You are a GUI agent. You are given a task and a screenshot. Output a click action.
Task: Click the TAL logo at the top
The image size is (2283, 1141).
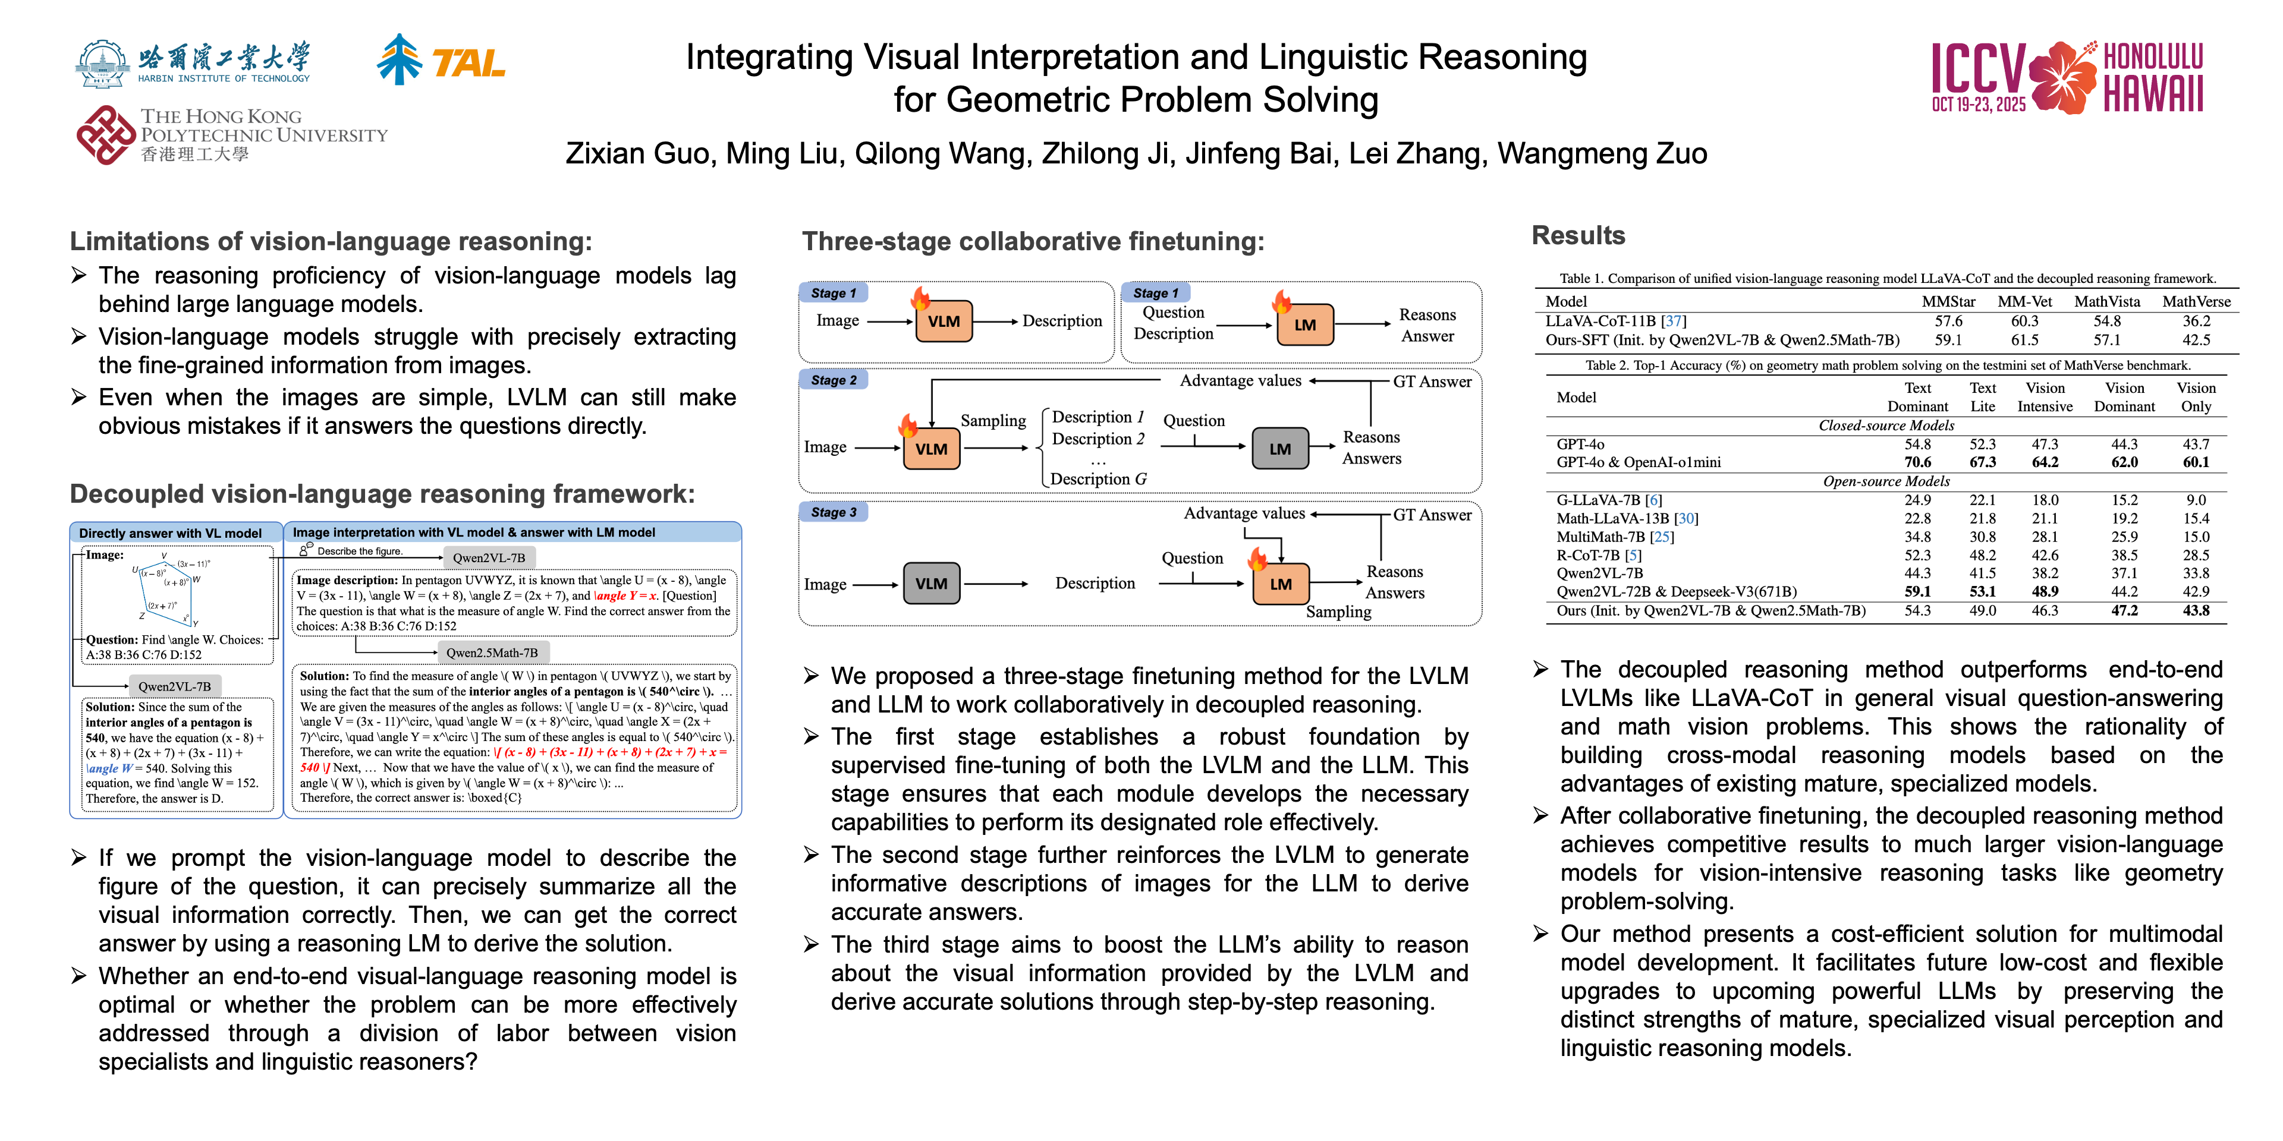pos(441,60)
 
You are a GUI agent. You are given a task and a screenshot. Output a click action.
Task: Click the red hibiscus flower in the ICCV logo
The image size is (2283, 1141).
pos(2062,78)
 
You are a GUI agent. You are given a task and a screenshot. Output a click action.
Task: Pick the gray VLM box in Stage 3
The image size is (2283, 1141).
pos(930,584)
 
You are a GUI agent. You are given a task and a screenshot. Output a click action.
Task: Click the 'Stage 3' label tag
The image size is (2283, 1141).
pos(833,512)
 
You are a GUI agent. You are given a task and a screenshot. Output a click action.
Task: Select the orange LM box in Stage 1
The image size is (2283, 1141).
pos(1304,324)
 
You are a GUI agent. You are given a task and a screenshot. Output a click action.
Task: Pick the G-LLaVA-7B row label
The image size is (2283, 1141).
pos(1609,500)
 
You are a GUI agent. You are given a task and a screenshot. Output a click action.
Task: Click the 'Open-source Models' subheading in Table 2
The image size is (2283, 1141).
pos(1885,481)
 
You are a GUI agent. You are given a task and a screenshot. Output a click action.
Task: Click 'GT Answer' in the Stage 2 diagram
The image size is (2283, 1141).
pos(1431,382)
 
